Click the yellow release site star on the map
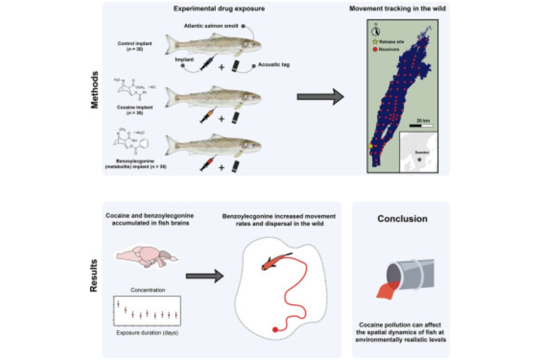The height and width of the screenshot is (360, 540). pos(370,146)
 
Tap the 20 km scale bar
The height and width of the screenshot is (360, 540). pos(421,126)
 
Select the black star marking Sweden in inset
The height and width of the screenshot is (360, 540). pos(419,159)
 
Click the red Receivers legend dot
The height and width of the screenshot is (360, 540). pos(375,49)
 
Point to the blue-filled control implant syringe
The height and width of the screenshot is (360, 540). pos(208,64)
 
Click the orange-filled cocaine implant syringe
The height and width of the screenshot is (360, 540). pos(208,116)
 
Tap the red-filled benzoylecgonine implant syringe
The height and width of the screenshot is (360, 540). pos(208,164)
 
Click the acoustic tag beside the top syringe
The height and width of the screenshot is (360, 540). pos(236,66)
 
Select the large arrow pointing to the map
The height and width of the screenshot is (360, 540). pos(320,96)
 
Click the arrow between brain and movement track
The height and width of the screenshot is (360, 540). pos(204,276)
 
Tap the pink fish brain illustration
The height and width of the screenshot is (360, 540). pos(147,256)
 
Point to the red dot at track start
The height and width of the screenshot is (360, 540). pos(275,329)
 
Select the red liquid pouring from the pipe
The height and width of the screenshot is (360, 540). pos(387,290)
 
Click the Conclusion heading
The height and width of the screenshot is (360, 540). pos(402,219)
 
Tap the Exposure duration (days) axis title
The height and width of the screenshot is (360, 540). pos(147,333)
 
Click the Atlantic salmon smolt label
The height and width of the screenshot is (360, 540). pos(211,26)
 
